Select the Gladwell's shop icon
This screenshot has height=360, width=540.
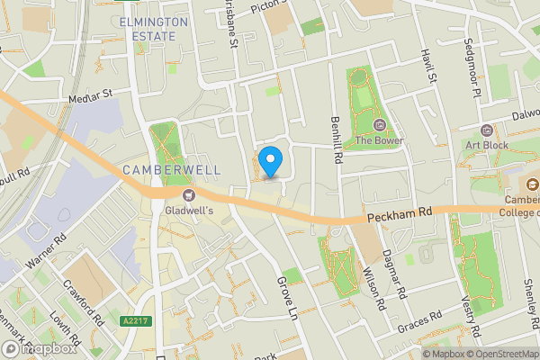pyautogui.click(x=189, y=194)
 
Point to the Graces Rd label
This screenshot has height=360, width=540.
pyautogui.click(x=419, y=319)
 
